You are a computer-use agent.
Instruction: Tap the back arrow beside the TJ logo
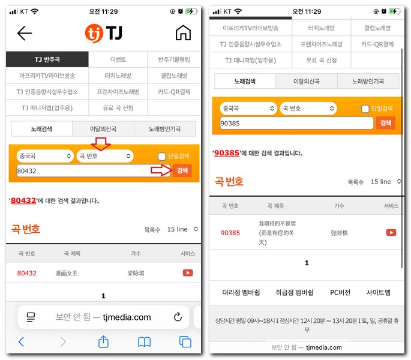(x=25, y=33)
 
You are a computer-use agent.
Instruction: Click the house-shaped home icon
(x=183, y=33)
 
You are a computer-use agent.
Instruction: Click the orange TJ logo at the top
(x=104, y=33)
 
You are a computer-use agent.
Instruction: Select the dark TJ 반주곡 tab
(x=47, y=59)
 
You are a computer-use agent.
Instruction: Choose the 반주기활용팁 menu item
(x=174, y=59)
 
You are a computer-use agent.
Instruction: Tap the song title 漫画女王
(x=67, y=273)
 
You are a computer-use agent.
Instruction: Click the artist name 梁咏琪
(x=136, y=273)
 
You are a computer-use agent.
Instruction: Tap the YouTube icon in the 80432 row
(x=187, y=273)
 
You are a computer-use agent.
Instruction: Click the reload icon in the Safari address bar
(x=178, y=317)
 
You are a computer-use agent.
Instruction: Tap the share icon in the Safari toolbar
(x=103, y=341)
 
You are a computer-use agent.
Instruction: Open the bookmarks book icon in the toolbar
(x=144, y=341)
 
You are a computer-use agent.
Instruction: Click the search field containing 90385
(x=296, y=123)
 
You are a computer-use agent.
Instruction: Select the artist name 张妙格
(x=339, y=232)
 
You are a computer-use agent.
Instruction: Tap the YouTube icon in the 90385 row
(x=391, y=232)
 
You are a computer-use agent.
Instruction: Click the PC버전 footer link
(x=340, y=293)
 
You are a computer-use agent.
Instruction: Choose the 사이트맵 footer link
(x=379, y=293)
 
